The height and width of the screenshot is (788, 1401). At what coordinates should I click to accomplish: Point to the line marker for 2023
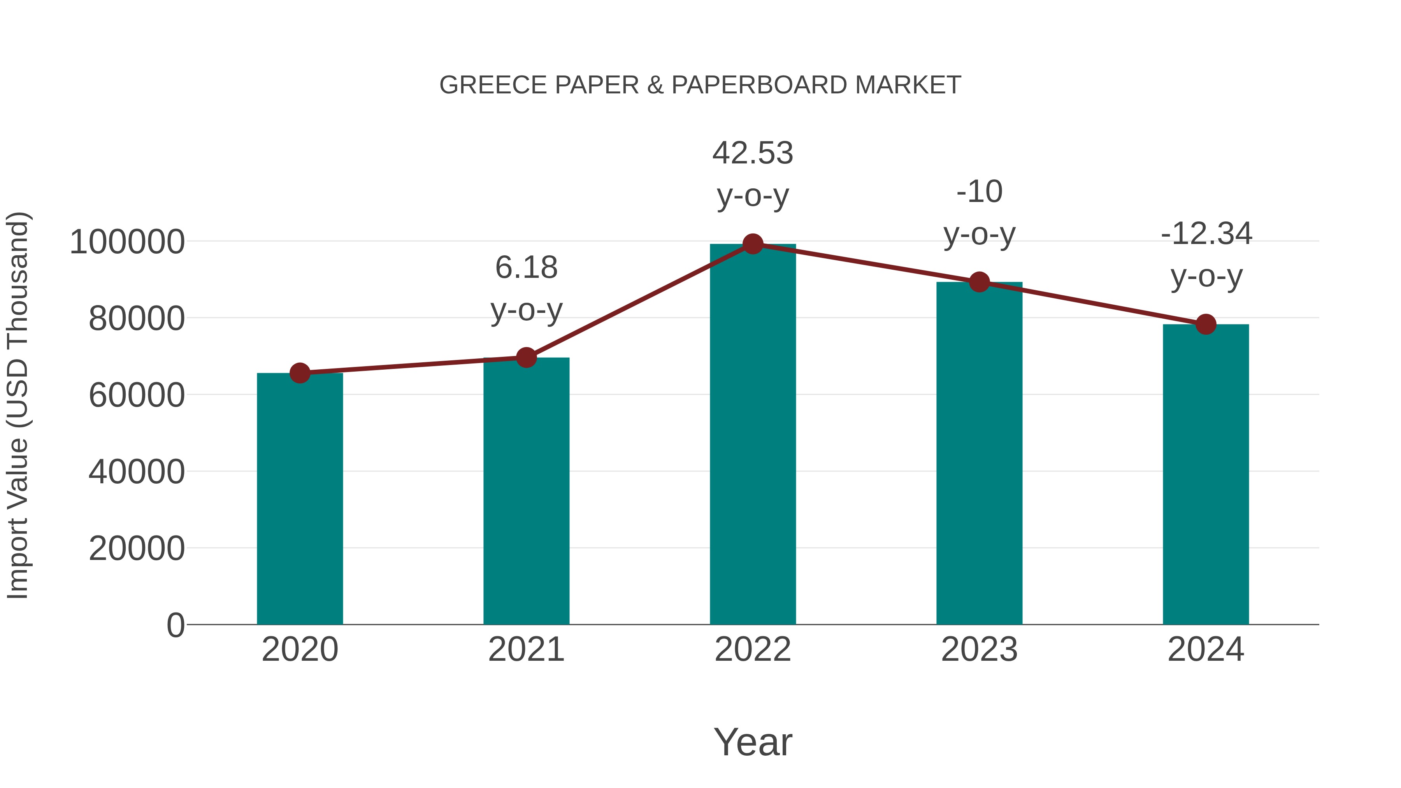[x=980, y=282]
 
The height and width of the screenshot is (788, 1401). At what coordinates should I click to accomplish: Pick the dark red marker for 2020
[x=300, y=373]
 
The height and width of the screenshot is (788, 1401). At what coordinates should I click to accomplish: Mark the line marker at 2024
[x=1206, y=324]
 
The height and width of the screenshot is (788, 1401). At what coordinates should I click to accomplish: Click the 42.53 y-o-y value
[x=753, y=153]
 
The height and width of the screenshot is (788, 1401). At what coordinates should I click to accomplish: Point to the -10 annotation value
[x=980, y=192]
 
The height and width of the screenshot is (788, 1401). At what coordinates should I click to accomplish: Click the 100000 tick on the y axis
[x=127, y=242]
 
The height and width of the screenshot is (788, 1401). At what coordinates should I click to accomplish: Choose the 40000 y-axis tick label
[x=137, y=472]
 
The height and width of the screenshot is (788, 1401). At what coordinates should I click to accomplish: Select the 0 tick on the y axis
[x=176, y=625]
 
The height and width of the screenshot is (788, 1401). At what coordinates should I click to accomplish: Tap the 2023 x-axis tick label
[x=980, y=650]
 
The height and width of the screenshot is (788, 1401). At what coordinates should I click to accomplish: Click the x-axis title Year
[x=753, y=742]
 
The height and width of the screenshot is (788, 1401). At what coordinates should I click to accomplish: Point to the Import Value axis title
[x=18, y=406]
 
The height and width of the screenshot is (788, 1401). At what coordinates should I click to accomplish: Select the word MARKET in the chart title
[x=908, y=85]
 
